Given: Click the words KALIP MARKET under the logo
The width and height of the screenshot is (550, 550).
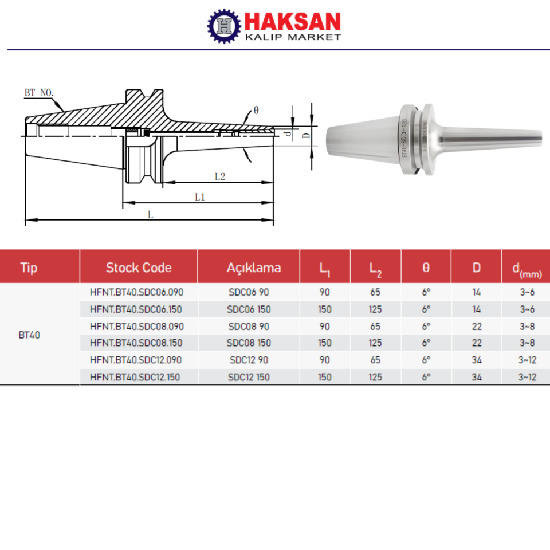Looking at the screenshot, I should coord(292,37).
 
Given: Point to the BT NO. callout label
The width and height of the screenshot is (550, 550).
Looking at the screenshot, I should coord(39,92).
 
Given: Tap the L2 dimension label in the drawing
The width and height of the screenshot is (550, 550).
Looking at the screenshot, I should coord(220,177).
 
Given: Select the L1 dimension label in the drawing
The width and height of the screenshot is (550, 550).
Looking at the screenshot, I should coord(199,197).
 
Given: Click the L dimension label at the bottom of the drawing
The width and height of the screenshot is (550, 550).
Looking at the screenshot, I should coord(150,215).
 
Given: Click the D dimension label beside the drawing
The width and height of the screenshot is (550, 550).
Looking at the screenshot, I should coord(307,136).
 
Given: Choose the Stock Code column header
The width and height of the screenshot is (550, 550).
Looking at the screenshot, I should coord(138,267).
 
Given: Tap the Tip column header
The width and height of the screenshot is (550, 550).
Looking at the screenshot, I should coord(29,267).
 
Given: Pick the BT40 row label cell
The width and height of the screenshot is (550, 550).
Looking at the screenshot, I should coord(29,335).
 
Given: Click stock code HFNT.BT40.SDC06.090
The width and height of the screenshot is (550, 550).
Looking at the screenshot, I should coord(137,292).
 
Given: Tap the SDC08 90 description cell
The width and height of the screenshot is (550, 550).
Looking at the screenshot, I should coord(248,326).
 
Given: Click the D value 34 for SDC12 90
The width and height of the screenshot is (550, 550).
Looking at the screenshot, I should coord(476,360).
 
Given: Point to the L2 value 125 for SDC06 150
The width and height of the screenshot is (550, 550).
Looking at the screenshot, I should coord(375,309).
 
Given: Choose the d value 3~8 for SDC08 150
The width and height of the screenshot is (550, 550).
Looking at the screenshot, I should coord(527,343).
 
